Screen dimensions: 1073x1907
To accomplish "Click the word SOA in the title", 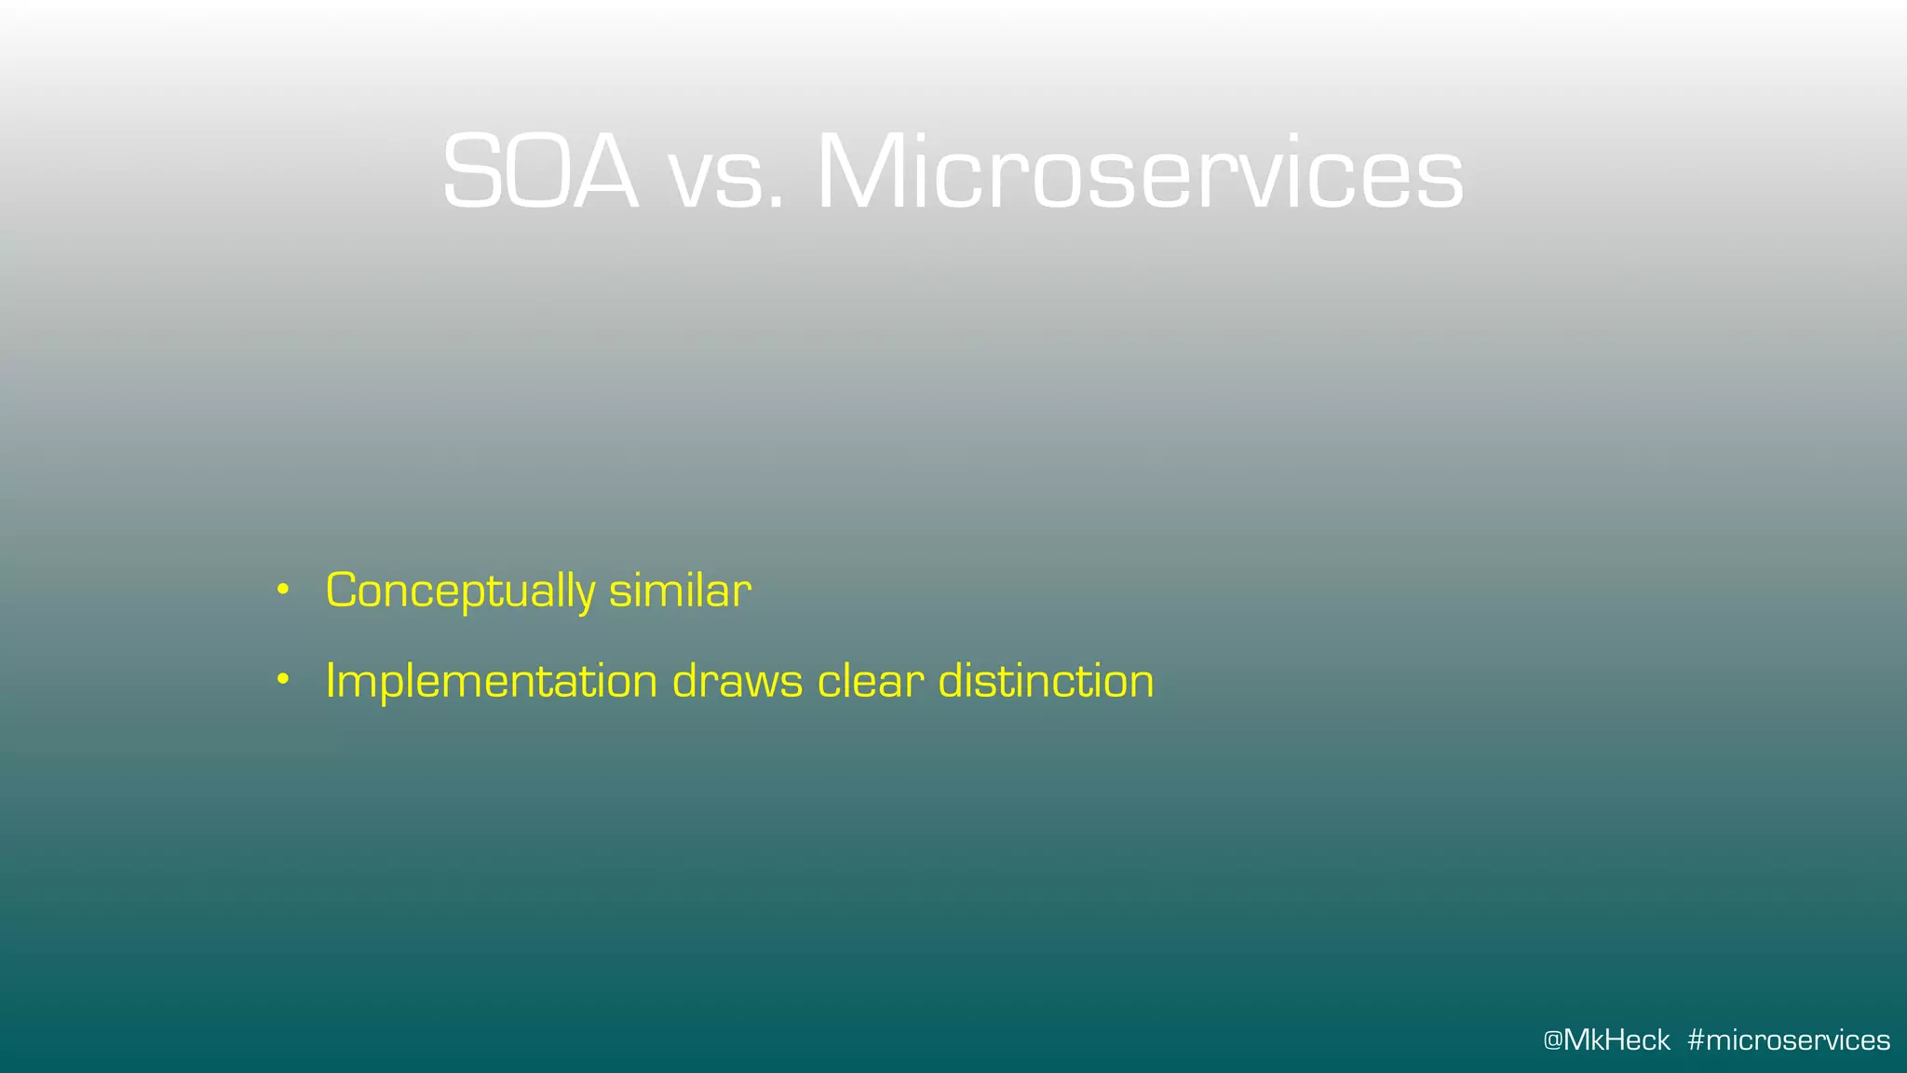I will tap(540, 173).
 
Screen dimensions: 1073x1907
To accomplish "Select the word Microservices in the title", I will tap(1140, 173).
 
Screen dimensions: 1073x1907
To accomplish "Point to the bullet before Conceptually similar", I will tap(283, 590).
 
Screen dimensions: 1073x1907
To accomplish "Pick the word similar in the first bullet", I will tap(680, 591).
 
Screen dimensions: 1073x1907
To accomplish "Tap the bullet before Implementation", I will tap(283, 680).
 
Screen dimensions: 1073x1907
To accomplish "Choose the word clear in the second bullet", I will tap(871, 681).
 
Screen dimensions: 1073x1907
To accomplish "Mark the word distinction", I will tap(1046, 681).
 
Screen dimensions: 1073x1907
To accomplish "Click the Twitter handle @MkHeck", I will tap(1606, 1040).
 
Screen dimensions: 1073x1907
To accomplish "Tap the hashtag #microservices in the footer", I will tap(1789, 1040).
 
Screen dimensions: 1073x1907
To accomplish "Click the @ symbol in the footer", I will tap(1552, 1040).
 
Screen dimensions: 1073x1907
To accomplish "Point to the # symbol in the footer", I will tap(1696, 1040).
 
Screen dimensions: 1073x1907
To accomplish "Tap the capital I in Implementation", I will tap(331, 681).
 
